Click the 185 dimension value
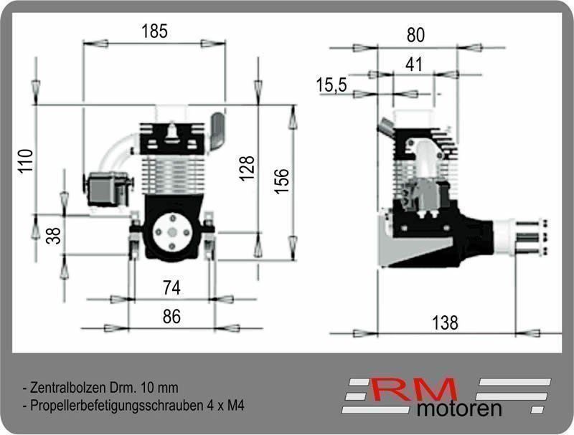pos(154,31)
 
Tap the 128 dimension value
pos(248,168)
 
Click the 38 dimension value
pos(53,235)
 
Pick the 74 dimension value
pos(171,288)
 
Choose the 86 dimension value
pos(171,317)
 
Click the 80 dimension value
pos(415,35)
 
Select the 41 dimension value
pos(413,64)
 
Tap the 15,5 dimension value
pos(331,85)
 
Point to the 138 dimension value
pos(445,322)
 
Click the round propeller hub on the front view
pos(173,233)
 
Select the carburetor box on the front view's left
pos(107,190)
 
